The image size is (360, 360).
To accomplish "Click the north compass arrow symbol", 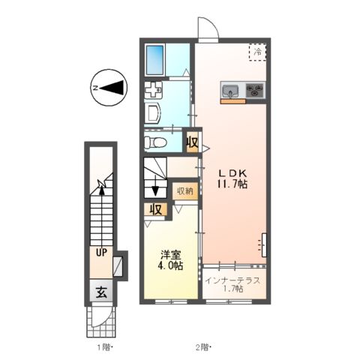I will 109,88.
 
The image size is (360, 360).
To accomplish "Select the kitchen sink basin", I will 229,92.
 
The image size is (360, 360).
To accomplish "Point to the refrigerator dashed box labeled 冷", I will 257,52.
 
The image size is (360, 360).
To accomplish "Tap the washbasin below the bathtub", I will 153,114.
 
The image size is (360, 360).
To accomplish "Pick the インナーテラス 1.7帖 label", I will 233,283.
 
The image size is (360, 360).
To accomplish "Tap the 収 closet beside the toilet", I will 192,141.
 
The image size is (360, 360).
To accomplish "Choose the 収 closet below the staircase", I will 155,209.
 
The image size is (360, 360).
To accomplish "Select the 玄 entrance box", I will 100,292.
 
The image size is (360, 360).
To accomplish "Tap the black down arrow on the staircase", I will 155,190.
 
